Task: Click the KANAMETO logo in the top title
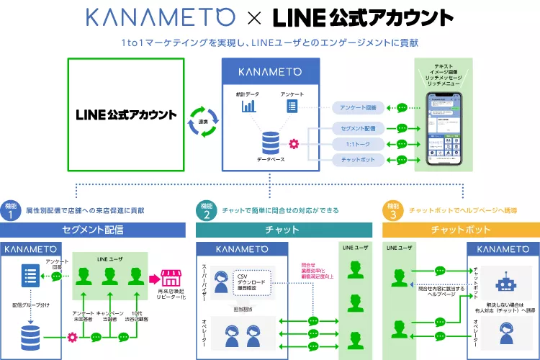[x=161, y=17]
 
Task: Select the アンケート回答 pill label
[x=356, y=108]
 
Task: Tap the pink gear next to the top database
[x=293, y=143]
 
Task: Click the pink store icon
[x=170, y=277]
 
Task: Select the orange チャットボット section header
[x=461, y=230]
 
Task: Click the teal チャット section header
[x=284, y=230]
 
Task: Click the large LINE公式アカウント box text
[x=126, y=115]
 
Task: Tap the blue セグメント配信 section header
[x=94, y=230]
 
